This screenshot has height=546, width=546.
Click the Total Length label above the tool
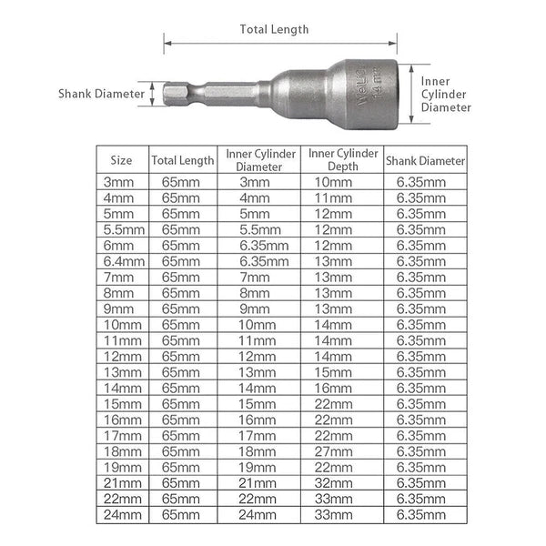coord(274,28)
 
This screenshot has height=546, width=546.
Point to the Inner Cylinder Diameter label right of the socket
coord(446,93)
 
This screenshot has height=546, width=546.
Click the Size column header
coord(121,159)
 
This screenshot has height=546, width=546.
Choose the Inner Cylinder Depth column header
coord(343,159)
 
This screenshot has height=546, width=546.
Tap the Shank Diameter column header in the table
coord(425,159)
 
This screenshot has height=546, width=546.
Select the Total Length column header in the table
coord(183,159)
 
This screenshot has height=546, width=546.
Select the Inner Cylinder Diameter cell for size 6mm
coord(260,244)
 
